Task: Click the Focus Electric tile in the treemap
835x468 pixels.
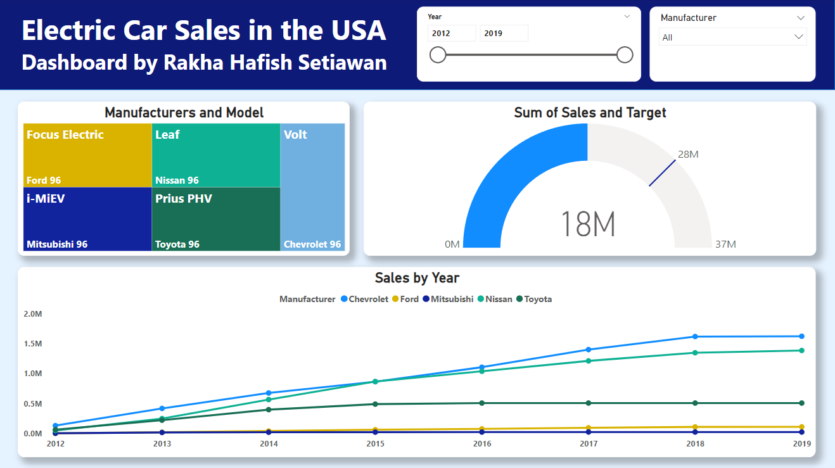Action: coord(87,155)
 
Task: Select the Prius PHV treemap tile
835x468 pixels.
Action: coord(215,218)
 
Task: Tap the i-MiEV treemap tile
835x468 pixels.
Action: coord(87,218)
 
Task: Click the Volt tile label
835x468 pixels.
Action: coord(295,135)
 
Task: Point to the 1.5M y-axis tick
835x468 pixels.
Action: coord(33,344)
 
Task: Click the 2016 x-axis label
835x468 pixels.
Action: coord(482,444)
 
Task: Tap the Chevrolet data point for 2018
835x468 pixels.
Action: coord(695,336)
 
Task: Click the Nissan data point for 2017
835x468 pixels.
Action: coord(589,361)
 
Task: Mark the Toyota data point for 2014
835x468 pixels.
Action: coord(269,410)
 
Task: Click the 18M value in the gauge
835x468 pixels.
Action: coord(588,225)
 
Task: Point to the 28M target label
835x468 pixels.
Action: coord(688,155)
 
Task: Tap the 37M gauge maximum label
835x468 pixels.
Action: coord(725,244)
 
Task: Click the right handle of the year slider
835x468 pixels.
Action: coord(625,55)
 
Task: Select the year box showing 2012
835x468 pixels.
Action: coord(452,34)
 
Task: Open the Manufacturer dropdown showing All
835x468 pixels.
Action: coord(732,37)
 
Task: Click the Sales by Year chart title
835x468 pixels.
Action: coord(417,278)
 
